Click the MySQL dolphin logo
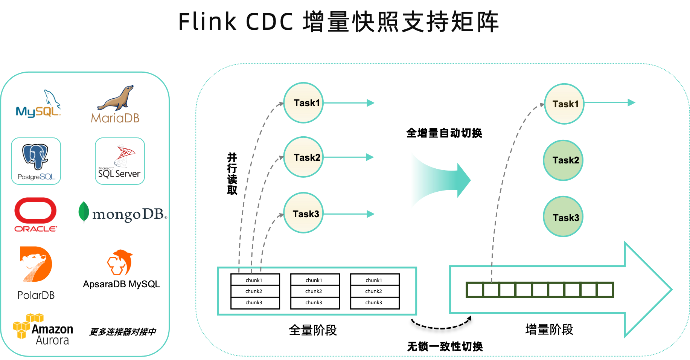(38, 104)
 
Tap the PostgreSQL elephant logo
(36, 161)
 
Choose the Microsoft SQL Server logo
(120, 161)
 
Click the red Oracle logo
(35, 215)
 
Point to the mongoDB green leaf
(84, 212)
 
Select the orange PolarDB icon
(36, 264)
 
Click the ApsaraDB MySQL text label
(121, 284)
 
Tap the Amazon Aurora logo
(43, 329)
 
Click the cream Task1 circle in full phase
(303, 103)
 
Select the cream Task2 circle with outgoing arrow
(303, 157)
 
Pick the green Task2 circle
(563, 160)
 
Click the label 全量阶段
(313, 330)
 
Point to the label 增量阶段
(549, 329)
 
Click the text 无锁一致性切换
(445, 346)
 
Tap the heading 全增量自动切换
(444, 133)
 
